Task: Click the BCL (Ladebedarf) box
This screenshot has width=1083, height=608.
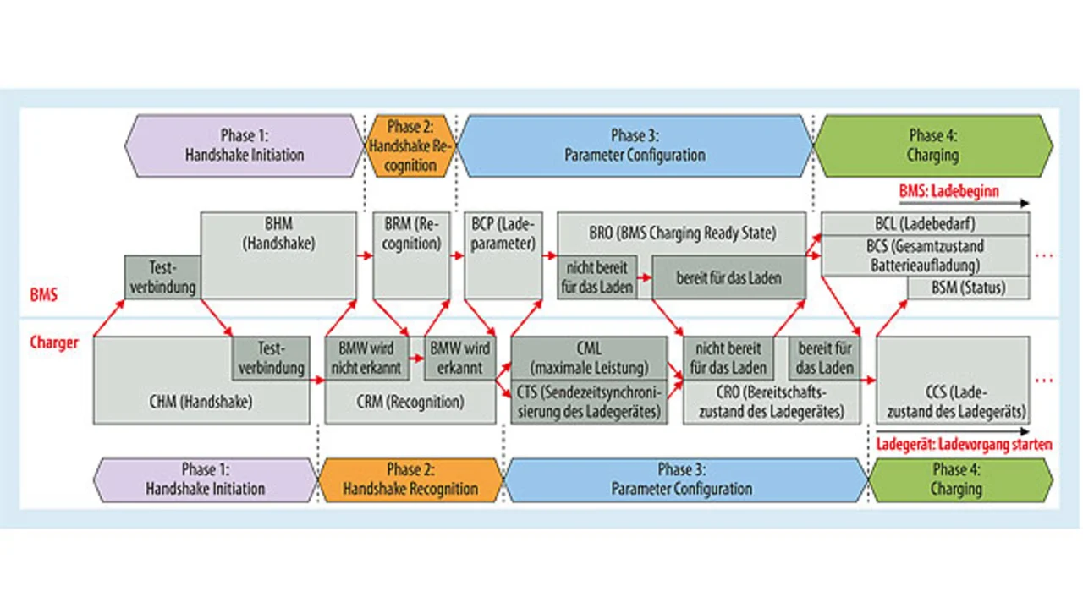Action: [x=926, y=224]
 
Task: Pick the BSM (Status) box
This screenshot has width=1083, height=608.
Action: [x=969, y=288]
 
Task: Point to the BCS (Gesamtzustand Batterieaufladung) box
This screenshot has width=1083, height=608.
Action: [x=926, y=255]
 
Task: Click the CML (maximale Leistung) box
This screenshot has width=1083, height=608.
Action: [x=589, y=358]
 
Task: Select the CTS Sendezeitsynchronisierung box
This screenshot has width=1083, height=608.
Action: [x=589, y=402]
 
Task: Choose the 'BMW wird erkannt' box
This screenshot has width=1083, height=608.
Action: [x=460, y=358]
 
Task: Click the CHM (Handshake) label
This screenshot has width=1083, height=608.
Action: [x=201, y=403]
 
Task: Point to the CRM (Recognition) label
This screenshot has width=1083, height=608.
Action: [x=410, y=403]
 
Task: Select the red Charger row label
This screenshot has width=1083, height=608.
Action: [x=54, y=342]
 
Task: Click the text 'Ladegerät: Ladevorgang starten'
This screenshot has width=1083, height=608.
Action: [x=964, y=445]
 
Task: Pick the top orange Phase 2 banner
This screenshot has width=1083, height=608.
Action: [x=410, y=146]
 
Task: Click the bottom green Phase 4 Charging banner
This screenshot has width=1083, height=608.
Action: [x=957, y=479]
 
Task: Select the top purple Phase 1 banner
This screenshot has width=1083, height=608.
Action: [x=245, y=146]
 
